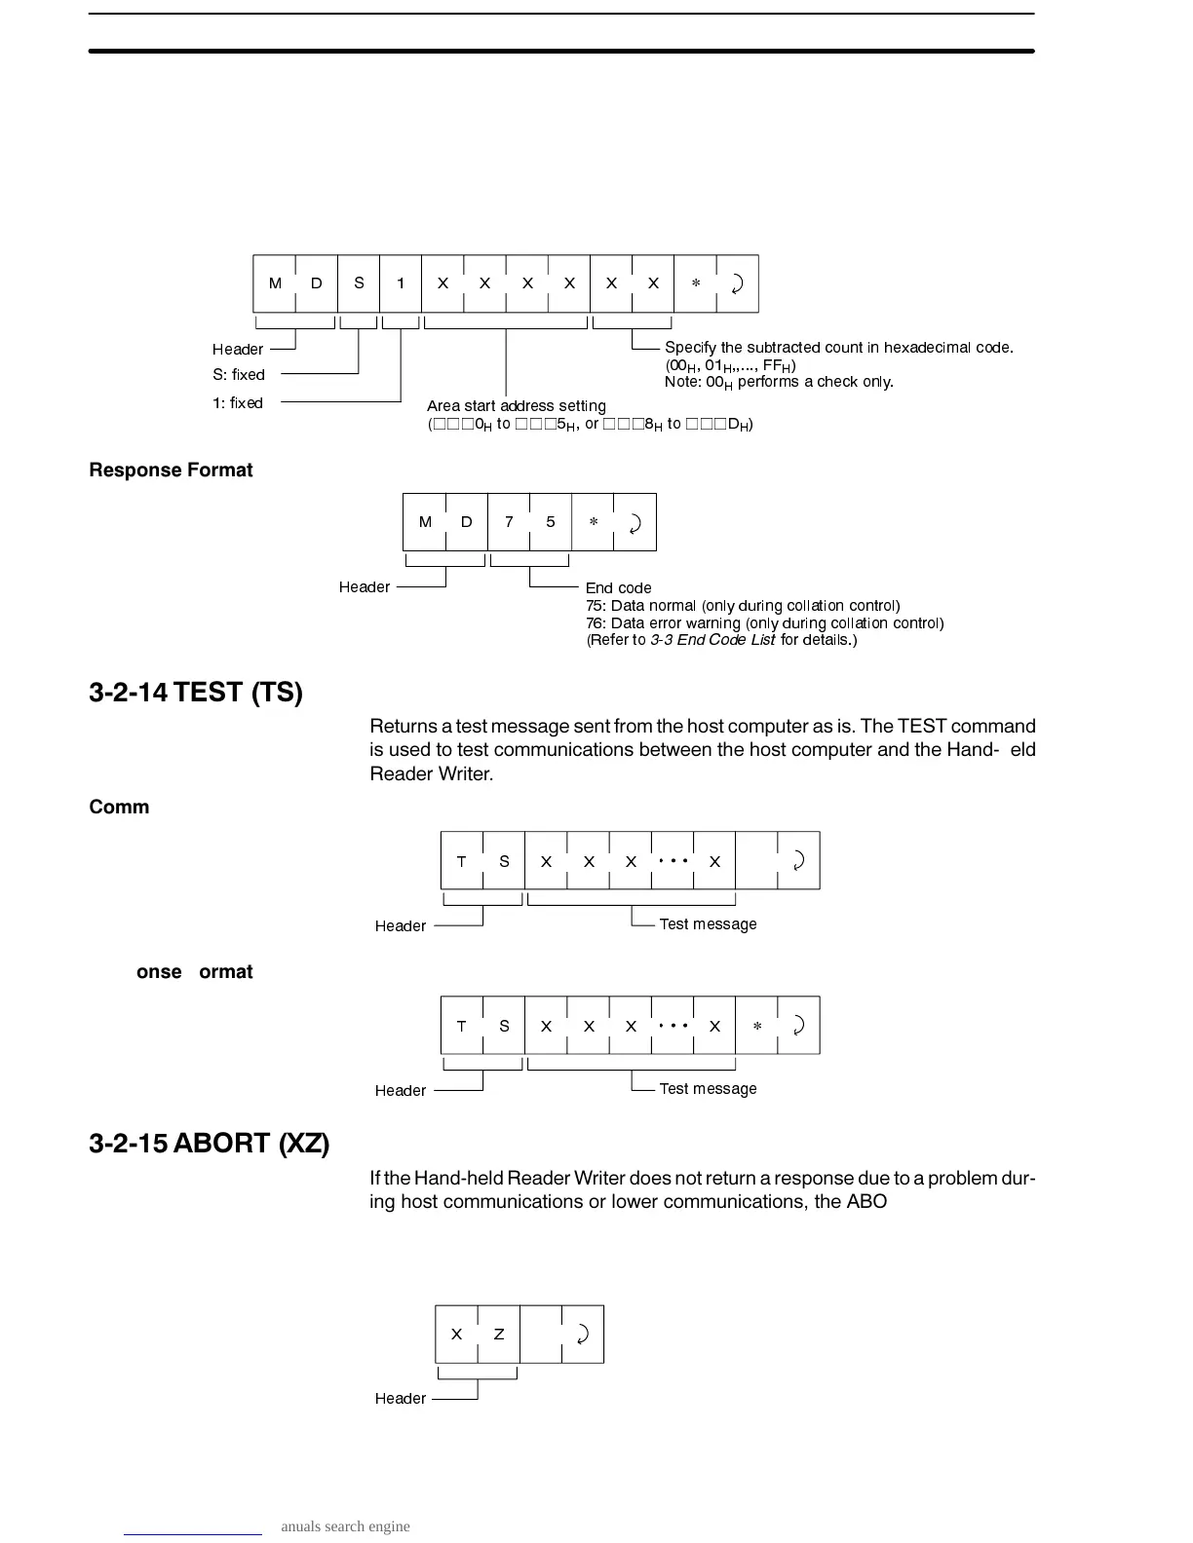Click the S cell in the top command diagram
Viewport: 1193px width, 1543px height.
pos(359,283)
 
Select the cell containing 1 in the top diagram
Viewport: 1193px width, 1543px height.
pos(401,283)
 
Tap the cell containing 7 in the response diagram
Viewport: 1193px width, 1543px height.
pos(509,522)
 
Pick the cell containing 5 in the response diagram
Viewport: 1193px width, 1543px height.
pos(551,522)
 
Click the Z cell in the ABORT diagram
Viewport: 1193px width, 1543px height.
pos(499,1335)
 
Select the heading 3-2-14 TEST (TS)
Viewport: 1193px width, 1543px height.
pos(196,693)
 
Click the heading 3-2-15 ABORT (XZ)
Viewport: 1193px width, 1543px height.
pos(209,1144)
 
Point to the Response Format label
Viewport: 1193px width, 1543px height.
pos(171,470)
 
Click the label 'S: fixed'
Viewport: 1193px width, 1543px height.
pos(239,375)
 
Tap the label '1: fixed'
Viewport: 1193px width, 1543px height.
pos(238,403)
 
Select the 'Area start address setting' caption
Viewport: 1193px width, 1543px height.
pos(517,406)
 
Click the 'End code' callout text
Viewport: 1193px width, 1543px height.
pos(618,588)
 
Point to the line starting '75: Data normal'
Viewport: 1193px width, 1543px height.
pos(743,606)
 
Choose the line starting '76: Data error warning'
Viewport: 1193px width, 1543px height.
pos(764,623)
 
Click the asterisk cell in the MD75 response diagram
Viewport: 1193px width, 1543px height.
pos(593,522)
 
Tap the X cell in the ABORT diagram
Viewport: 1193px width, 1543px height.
pos(456,1335)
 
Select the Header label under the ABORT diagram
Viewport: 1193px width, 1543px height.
pos(400,1399)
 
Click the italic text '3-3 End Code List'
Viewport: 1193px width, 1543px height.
pos(712,640)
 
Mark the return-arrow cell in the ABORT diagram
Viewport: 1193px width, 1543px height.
pos(583,1335)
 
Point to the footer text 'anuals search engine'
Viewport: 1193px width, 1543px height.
pos(345,1526)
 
